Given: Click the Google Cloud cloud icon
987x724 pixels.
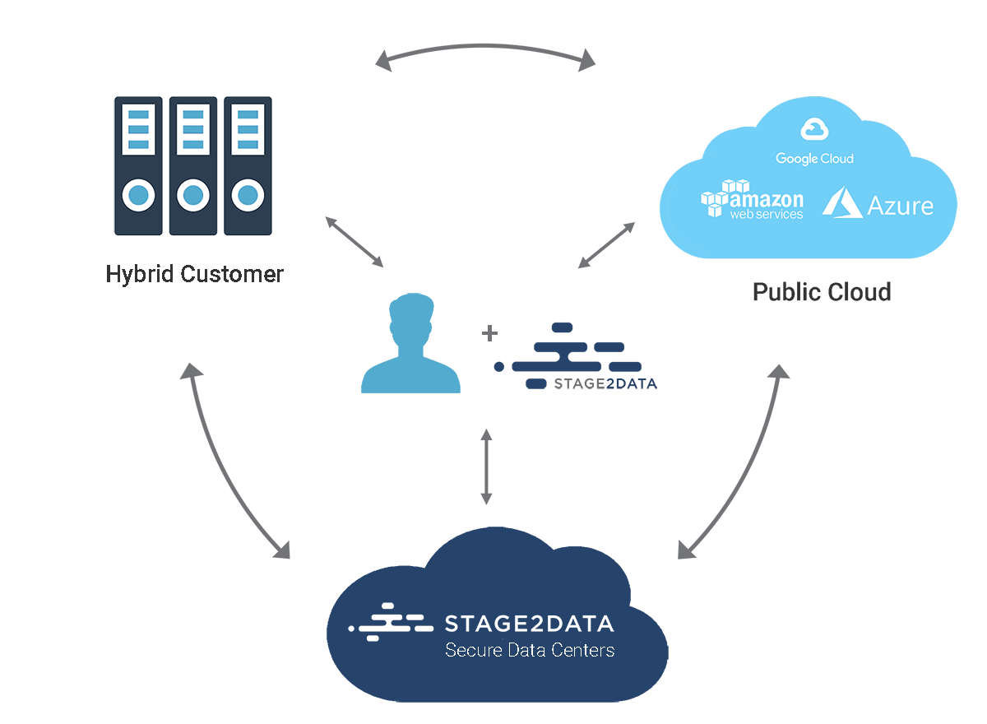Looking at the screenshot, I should (814, 129).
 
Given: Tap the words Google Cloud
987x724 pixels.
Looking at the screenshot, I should (814, 158).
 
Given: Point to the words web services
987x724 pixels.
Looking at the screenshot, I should (766, 214).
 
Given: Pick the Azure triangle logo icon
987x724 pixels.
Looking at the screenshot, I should (841, 202).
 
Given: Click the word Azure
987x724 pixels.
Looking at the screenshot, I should (901, 205).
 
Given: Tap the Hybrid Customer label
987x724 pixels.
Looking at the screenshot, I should (193, 274).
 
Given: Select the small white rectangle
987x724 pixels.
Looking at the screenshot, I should (401, 199).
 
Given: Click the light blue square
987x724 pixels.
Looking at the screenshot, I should (410, 342).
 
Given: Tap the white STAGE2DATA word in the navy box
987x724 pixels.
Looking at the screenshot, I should (529, 624).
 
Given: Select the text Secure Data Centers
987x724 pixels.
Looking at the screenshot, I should (529, 650).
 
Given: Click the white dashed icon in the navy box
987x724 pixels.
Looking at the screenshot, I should (391, 624).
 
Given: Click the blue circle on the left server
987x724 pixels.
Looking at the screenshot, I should (138, 196).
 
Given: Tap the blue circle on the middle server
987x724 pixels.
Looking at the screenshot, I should (192, 196).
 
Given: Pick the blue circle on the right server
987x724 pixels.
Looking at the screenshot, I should (247, 196).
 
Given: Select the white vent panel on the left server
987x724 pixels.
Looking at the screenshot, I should (138, 128).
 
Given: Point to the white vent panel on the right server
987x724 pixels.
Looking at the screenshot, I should (247, 128).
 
